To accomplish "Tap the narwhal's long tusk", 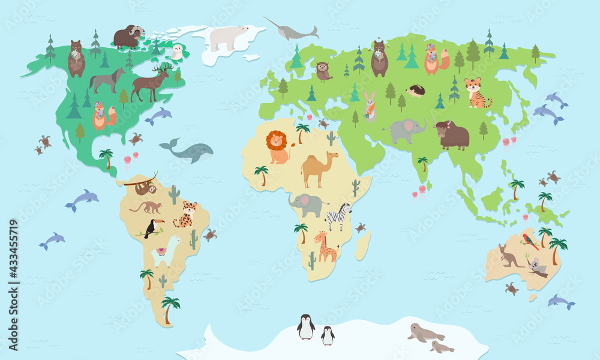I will (x=271, y=22).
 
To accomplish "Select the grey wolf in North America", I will (x=107, y=80).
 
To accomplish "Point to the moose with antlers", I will (x=151, y=83).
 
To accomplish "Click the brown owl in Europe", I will (x=323, y=71).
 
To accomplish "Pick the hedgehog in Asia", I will (x=416, y=91).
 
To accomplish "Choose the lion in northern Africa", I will (x=277, y=147).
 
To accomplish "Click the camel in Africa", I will (x=319, y=168).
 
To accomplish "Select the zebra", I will (x=338, y=217).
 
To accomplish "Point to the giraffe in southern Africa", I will (x=326, y=246).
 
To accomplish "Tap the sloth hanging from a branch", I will (x=145, y=187).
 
